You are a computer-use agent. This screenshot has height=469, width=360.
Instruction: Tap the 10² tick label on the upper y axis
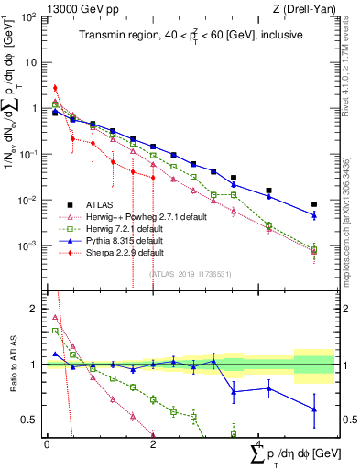pyautogui.click(x=29, y=17)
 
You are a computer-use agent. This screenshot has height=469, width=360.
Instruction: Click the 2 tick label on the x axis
pyautogui.click(x=153, y=444)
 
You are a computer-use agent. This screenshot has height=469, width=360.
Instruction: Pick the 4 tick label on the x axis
pyautogui.click(x=259, y=444)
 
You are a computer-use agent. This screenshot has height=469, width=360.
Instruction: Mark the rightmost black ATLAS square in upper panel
pyautogui.click(x=314, y=204)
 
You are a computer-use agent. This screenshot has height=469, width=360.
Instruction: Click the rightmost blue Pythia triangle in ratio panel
pyautogui.click(x=314, y=409)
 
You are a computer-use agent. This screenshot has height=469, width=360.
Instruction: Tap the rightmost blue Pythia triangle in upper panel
pyautogui.click(x=314, y=215)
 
